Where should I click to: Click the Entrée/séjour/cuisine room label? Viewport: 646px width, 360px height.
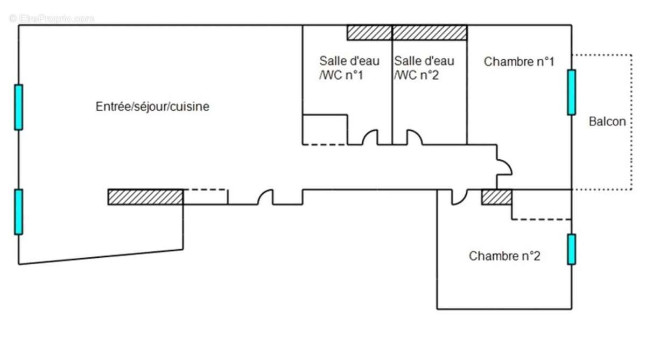[152, 107]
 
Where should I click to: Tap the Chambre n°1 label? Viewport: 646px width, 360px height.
[519, 62]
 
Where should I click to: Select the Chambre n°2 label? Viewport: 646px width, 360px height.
[504, 256]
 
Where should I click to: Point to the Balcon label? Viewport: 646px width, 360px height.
[607, 122]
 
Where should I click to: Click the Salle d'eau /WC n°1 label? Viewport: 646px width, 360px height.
[349, 68]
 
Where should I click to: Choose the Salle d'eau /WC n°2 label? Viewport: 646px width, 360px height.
[424, 68]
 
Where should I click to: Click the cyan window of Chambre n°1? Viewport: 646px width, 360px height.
[572, 92]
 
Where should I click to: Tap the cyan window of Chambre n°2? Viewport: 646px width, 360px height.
[572, 249]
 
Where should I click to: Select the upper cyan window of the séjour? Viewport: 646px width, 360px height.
[19, 107]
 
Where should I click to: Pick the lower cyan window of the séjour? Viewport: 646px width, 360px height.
[19, 212]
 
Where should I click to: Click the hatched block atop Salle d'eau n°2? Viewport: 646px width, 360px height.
[430, 33]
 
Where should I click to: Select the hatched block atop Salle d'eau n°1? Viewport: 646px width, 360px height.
[370, 33]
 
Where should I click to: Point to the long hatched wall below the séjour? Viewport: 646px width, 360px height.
[145, 197]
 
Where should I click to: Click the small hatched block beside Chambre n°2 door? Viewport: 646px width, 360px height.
[496, 197]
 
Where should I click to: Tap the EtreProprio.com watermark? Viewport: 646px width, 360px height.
[51, 18]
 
